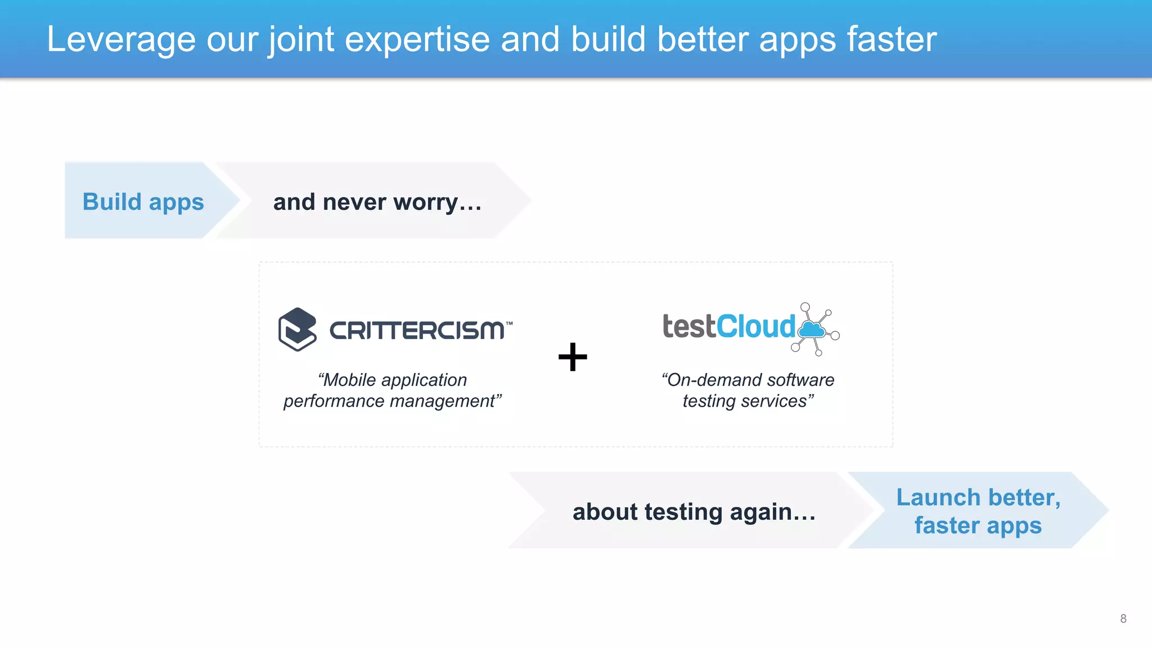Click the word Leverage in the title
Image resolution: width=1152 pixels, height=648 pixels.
tap(121, 39)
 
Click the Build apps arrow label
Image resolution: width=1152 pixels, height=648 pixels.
tap(143, 201)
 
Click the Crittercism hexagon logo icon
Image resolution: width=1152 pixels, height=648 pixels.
tap(297, 329)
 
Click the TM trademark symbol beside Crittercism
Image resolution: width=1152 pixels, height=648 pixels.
tap(509, 324)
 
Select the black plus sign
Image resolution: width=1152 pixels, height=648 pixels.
tap(573, 357)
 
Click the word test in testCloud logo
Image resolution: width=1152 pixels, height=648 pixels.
tap(688, 327)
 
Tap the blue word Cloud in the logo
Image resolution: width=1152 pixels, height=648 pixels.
tap(756, 327)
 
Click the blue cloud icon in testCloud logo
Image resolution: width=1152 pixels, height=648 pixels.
tap(812, 330)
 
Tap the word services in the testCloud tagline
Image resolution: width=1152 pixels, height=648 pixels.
tap(783, 401)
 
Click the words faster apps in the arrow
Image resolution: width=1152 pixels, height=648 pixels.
tap(978, 525)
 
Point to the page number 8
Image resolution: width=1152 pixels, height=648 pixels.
tap(1123, 619)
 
